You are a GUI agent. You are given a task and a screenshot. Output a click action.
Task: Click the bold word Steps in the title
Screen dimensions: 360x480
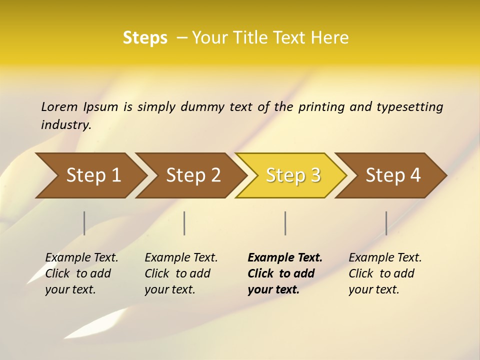[x=145, y=38]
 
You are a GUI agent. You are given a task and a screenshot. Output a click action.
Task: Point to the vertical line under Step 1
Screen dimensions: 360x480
[x=84, y=223]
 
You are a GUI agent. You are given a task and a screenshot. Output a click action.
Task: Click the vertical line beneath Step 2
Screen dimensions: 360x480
[x=184, y=223]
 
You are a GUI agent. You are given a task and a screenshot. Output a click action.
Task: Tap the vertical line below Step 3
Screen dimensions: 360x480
[x=285, y=223]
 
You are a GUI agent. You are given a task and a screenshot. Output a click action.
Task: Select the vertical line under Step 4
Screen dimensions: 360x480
[x=386, y=223]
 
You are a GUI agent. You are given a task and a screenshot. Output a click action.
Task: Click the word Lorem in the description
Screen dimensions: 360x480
[x=59, y=107]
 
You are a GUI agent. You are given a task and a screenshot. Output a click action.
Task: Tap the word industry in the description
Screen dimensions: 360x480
[x=65, y=125]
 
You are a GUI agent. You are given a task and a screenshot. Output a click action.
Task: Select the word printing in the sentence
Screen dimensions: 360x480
[x=319, y=107]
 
